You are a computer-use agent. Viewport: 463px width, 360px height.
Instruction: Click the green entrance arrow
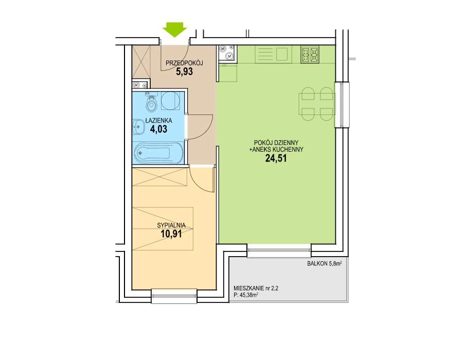tap(175, 30)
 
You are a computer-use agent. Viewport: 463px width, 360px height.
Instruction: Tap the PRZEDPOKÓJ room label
tap(184, 63)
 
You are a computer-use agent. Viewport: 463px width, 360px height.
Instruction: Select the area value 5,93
tap(184, 71)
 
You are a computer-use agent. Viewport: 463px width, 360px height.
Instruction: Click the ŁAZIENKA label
tap(159, 121)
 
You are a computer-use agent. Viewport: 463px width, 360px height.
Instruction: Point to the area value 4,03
tap(159, 129)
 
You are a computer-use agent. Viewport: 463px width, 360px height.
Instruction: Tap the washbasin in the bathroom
tap(138, 127)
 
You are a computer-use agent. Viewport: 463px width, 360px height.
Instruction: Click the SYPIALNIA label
tap(171, 225)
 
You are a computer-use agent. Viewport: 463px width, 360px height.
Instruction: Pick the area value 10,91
tap(171, 234)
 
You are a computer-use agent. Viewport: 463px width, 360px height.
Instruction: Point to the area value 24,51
tap(276, 158)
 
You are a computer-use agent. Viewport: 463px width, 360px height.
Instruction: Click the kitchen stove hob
tap(310, 55)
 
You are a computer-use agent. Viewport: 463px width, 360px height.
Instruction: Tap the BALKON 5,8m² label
tap(325, 264)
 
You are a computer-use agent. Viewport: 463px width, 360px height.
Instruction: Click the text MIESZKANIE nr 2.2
tap(256, 289)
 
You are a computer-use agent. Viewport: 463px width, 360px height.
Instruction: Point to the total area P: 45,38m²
tap(246, 294)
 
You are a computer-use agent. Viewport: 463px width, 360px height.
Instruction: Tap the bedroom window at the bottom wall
tap(174, 296)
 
